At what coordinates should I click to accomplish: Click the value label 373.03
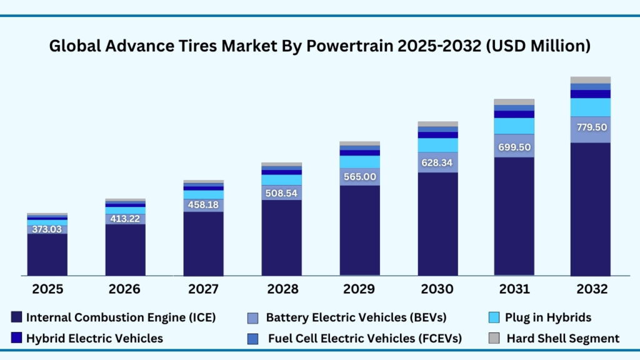[x=47, y=229]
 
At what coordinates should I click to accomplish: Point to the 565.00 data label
[x=359, y=177]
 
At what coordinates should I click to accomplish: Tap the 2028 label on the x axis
[x=281, y=289]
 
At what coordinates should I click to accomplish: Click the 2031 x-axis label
[x=514, y=289]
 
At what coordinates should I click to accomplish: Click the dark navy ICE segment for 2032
[x=590, y=209]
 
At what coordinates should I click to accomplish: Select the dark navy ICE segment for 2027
[x=203, y=244]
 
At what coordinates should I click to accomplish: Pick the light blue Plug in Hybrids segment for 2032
[x=590, y=107]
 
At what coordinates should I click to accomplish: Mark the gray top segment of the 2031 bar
[x=514, y=102]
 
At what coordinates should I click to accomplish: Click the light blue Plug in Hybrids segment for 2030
[x=437, y=145]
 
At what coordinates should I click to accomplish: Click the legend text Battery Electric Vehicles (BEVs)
[x=356, y=317]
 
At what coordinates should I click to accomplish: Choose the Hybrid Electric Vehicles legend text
[x=94, y=338]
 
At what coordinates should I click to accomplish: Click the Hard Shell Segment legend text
[x=562, y=338]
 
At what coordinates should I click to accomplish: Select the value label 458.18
[x=203, y=204]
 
